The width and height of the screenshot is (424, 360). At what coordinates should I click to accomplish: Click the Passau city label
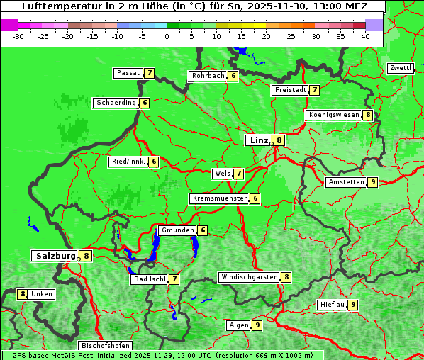click(128, 73)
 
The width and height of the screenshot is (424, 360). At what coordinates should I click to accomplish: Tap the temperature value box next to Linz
click(279, 140)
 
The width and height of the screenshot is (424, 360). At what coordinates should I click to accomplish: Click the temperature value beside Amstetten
click(373, 182)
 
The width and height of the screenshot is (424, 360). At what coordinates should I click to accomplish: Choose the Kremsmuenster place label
click(219, 198)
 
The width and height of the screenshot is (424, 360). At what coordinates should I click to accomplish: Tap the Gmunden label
click(177, 230)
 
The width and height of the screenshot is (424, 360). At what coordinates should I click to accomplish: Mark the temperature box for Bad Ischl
click(174, 279)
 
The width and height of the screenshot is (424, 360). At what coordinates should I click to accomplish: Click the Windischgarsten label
click(249, 277)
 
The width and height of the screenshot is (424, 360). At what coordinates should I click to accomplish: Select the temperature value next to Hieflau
click(353, 305)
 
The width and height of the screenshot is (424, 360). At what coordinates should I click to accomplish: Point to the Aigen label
click(238, 325)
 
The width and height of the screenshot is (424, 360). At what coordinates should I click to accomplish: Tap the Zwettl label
click(400, 68)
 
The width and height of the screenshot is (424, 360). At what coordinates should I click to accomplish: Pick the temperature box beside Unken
click(22, 293)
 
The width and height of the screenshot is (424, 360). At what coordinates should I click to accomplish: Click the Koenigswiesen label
click(334, 115)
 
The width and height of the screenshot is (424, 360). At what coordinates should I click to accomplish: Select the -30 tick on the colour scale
click(18, 36)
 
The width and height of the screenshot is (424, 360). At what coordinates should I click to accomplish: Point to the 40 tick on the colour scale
click(365, 36)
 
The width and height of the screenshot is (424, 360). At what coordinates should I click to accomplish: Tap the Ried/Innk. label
click(128, 162)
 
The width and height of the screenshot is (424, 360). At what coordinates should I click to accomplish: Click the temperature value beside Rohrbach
click(233, 76)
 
